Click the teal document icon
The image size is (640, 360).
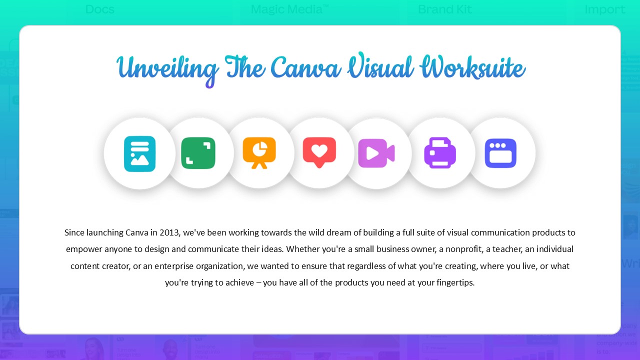pos(139,153)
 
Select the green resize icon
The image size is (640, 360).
pos(198,153)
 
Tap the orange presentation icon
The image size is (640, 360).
pos(259,152)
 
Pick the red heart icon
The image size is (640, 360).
pos(319,152)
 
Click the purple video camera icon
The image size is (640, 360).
pos(376,153)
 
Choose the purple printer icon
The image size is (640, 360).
pos(440,152)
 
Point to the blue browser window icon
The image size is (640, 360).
pos(500,153)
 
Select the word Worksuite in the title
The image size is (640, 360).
pos(472,68)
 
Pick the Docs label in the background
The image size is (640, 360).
pos(100,9)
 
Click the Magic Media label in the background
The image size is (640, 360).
pos(289,9)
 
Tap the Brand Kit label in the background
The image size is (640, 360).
pos(444,9)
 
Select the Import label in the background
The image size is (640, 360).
pos(604,9)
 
